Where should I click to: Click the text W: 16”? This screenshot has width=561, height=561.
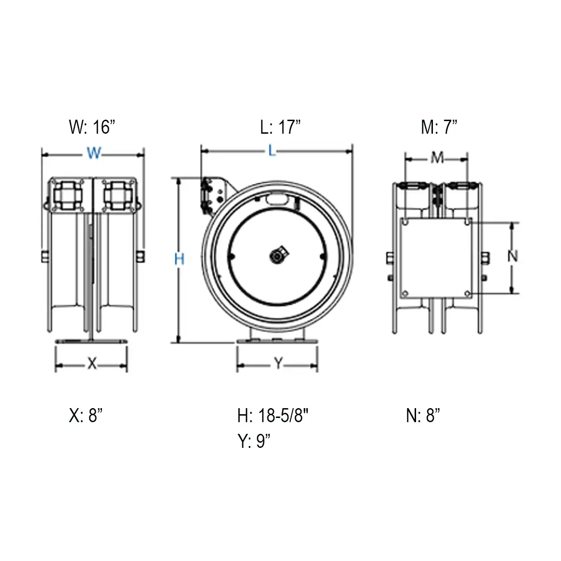click(92, 127)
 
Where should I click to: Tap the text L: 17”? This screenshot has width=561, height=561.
click(280, 127)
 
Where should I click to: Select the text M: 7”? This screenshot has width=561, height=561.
click(439, 127)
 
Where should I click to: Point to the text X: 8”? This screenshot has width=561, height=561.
click(86, 415)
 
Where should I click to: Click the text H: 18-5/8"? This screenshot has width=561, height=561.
click(273, 415)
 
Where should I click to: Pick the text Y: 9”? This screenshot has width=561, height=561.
click(254, 441)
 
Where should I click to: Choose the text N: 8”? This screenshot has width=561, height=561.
click(423, 415)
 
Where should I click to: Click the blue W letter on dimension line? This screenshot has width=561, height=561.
click(93, 153)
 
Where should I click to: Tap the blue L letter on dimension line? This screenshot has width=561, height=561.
click(273, 151)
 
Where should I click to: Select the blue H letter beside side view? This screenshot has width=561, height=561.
click(179, 259)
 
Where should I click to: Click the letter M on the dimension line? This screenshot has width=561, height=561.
click(437, 158)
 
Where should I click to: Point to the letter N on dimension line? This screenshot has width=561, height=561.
click(513, 256)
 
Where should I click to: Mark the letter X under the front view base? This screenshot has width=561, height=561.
click(92, 364)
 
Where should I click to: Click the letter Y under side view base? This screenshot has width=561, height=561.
click(278, 364)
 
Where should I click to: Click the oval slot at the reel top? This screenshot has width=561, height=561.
click(277, 200)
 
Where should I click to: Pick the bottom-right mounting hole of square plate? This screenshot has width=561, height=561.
click(467, 294)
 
